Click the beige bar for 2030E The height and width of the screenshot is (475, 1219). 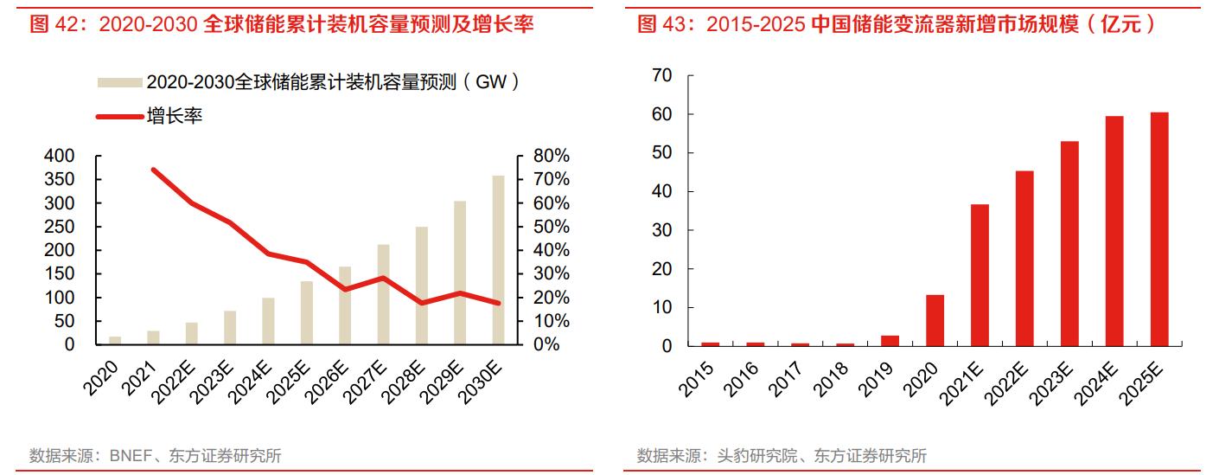tap(498, 260)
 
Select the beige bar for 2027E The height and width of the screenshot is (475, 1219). tap(383, 294)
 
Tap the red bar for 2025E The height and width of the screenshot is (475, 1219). tap(1158, 229)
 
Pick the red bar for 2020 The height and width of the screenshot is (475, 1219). tap(935, 320)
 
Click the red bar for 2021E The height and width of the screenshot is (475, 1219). tap(980, 275)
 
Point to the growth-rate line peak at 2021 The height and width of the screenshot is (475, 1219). tap(153, 170)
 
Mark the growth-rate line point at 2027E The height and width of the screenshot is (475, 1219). tap(383, 278)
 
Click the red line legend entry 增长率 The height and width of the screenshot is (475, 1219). tap(174, 116)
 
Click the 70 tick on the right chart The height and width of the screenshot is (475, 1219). tap(661, 76)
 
